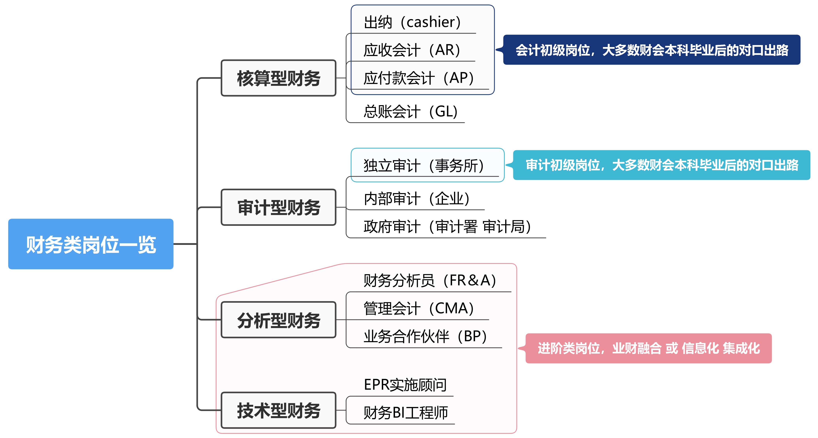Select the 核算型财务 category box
pyautogui.click(x=278, y=78)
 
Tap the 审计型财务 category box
pyautogui.click(x=278, y=207)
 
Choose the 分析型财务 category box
pyautogui.click(x=278, y=320)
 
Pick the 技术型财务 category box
pyautogui.click(x=278, y=410)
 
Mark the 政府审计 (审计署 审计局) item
pyautogui.click(x=447, y=227)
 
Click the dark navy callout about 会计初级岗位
pyautogui.click(x=652, y=50)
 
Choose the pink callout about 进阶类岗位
pyautogui.click(x=648, y=348)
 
